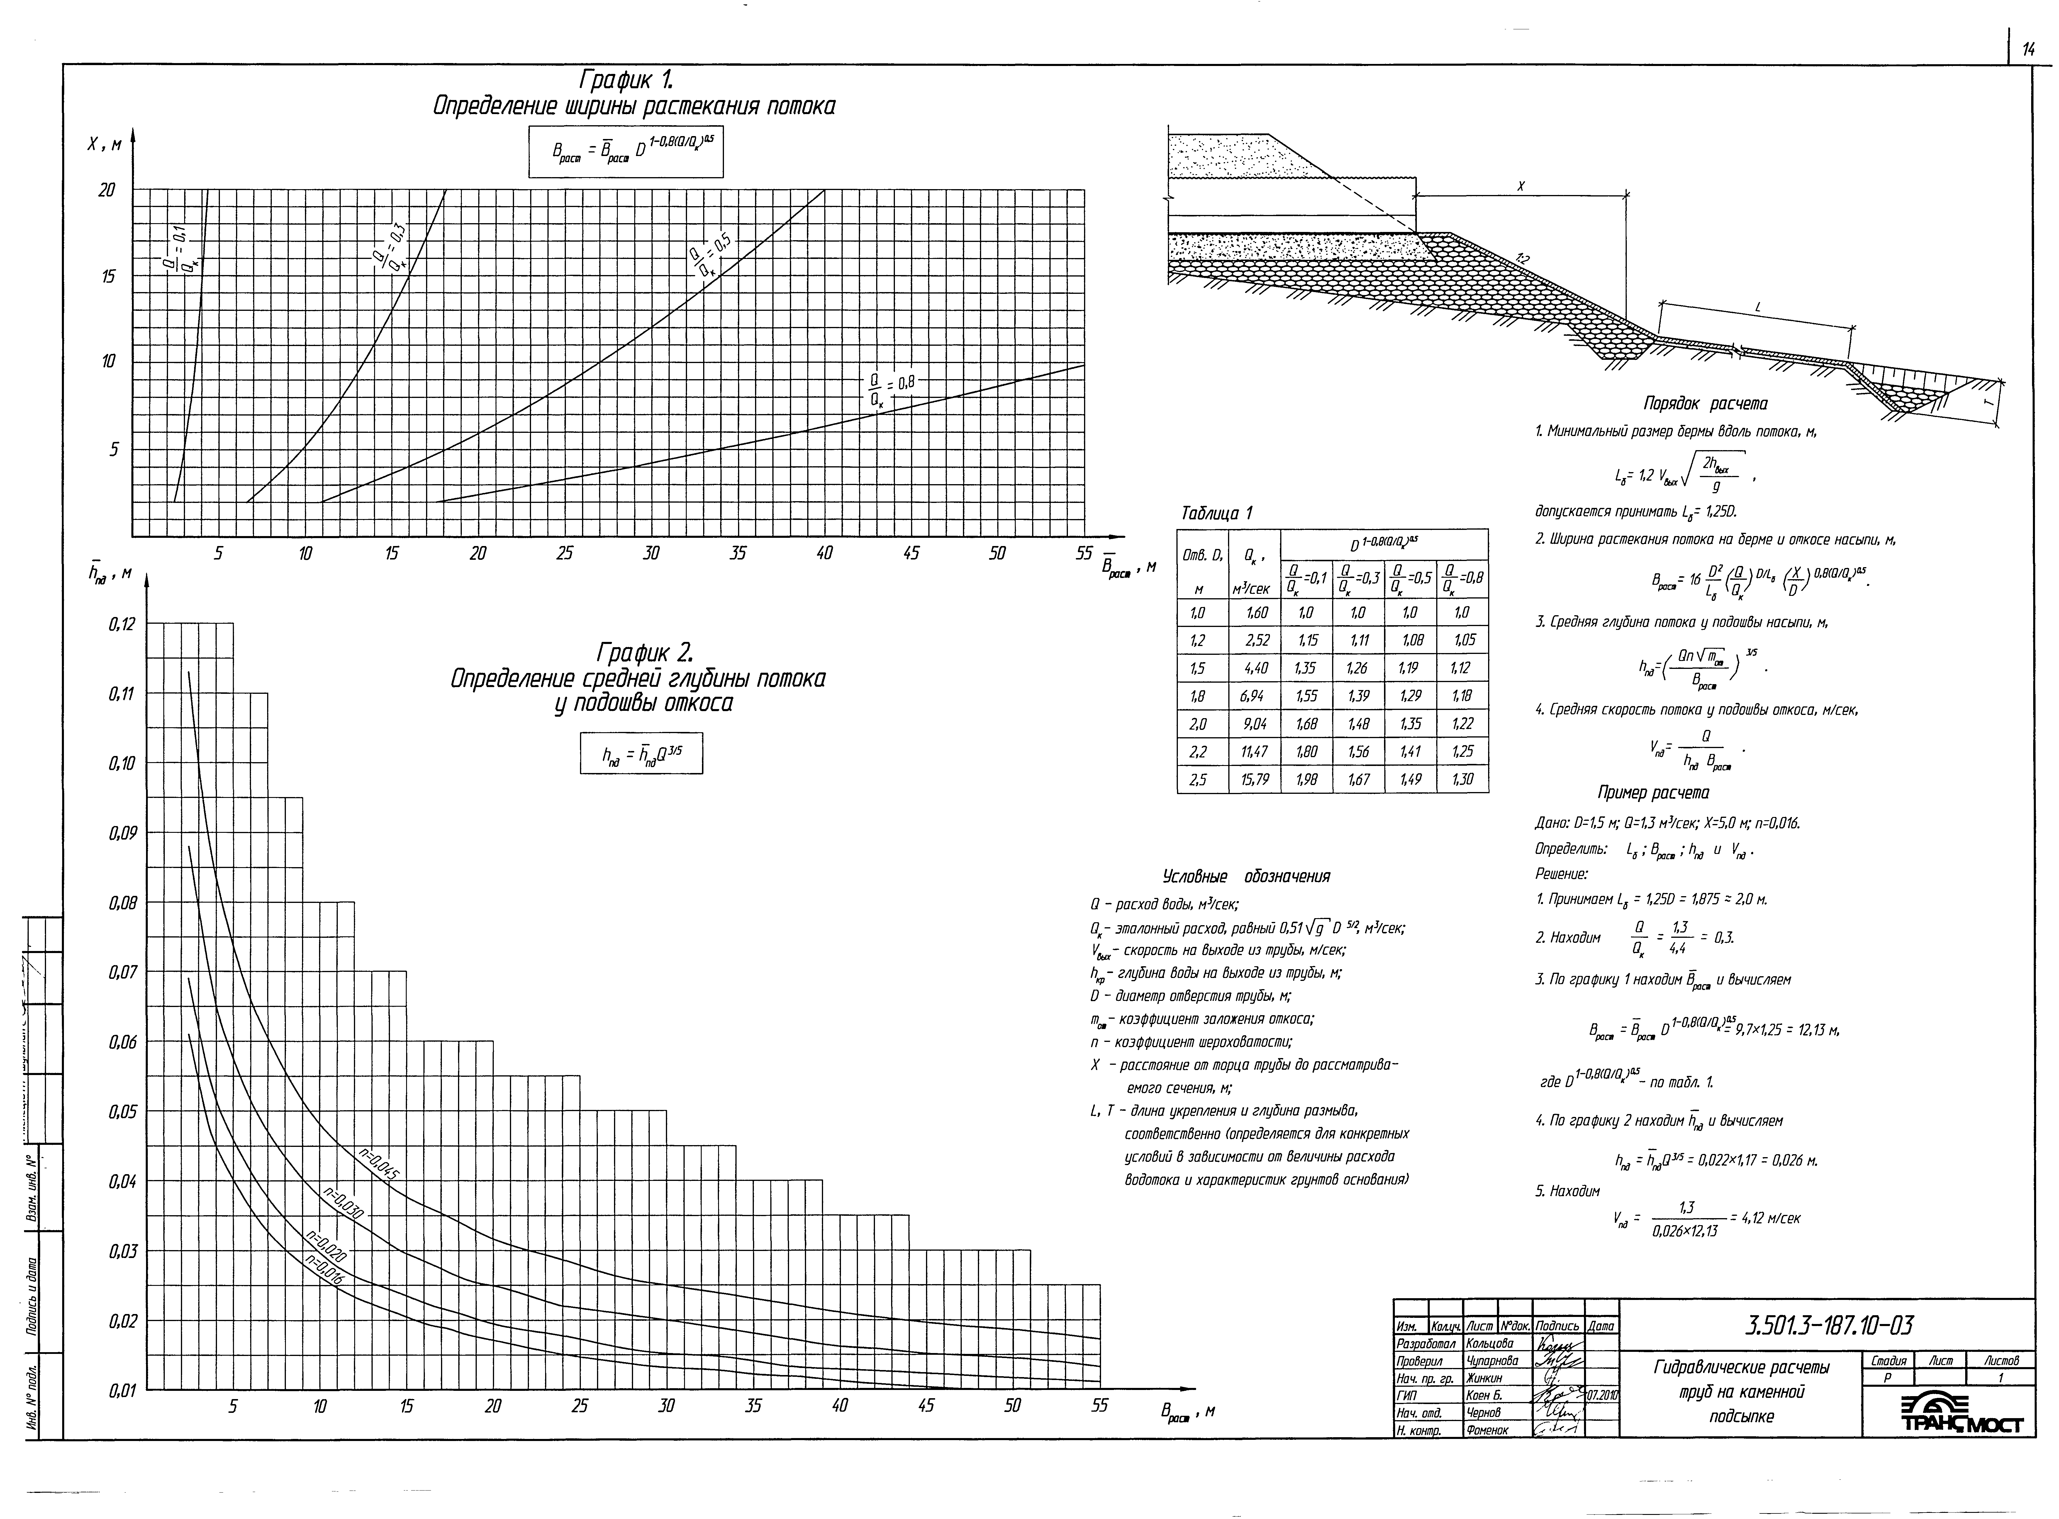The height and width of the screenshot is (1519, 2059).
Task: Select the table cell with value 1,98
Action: click(1306, 780)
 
